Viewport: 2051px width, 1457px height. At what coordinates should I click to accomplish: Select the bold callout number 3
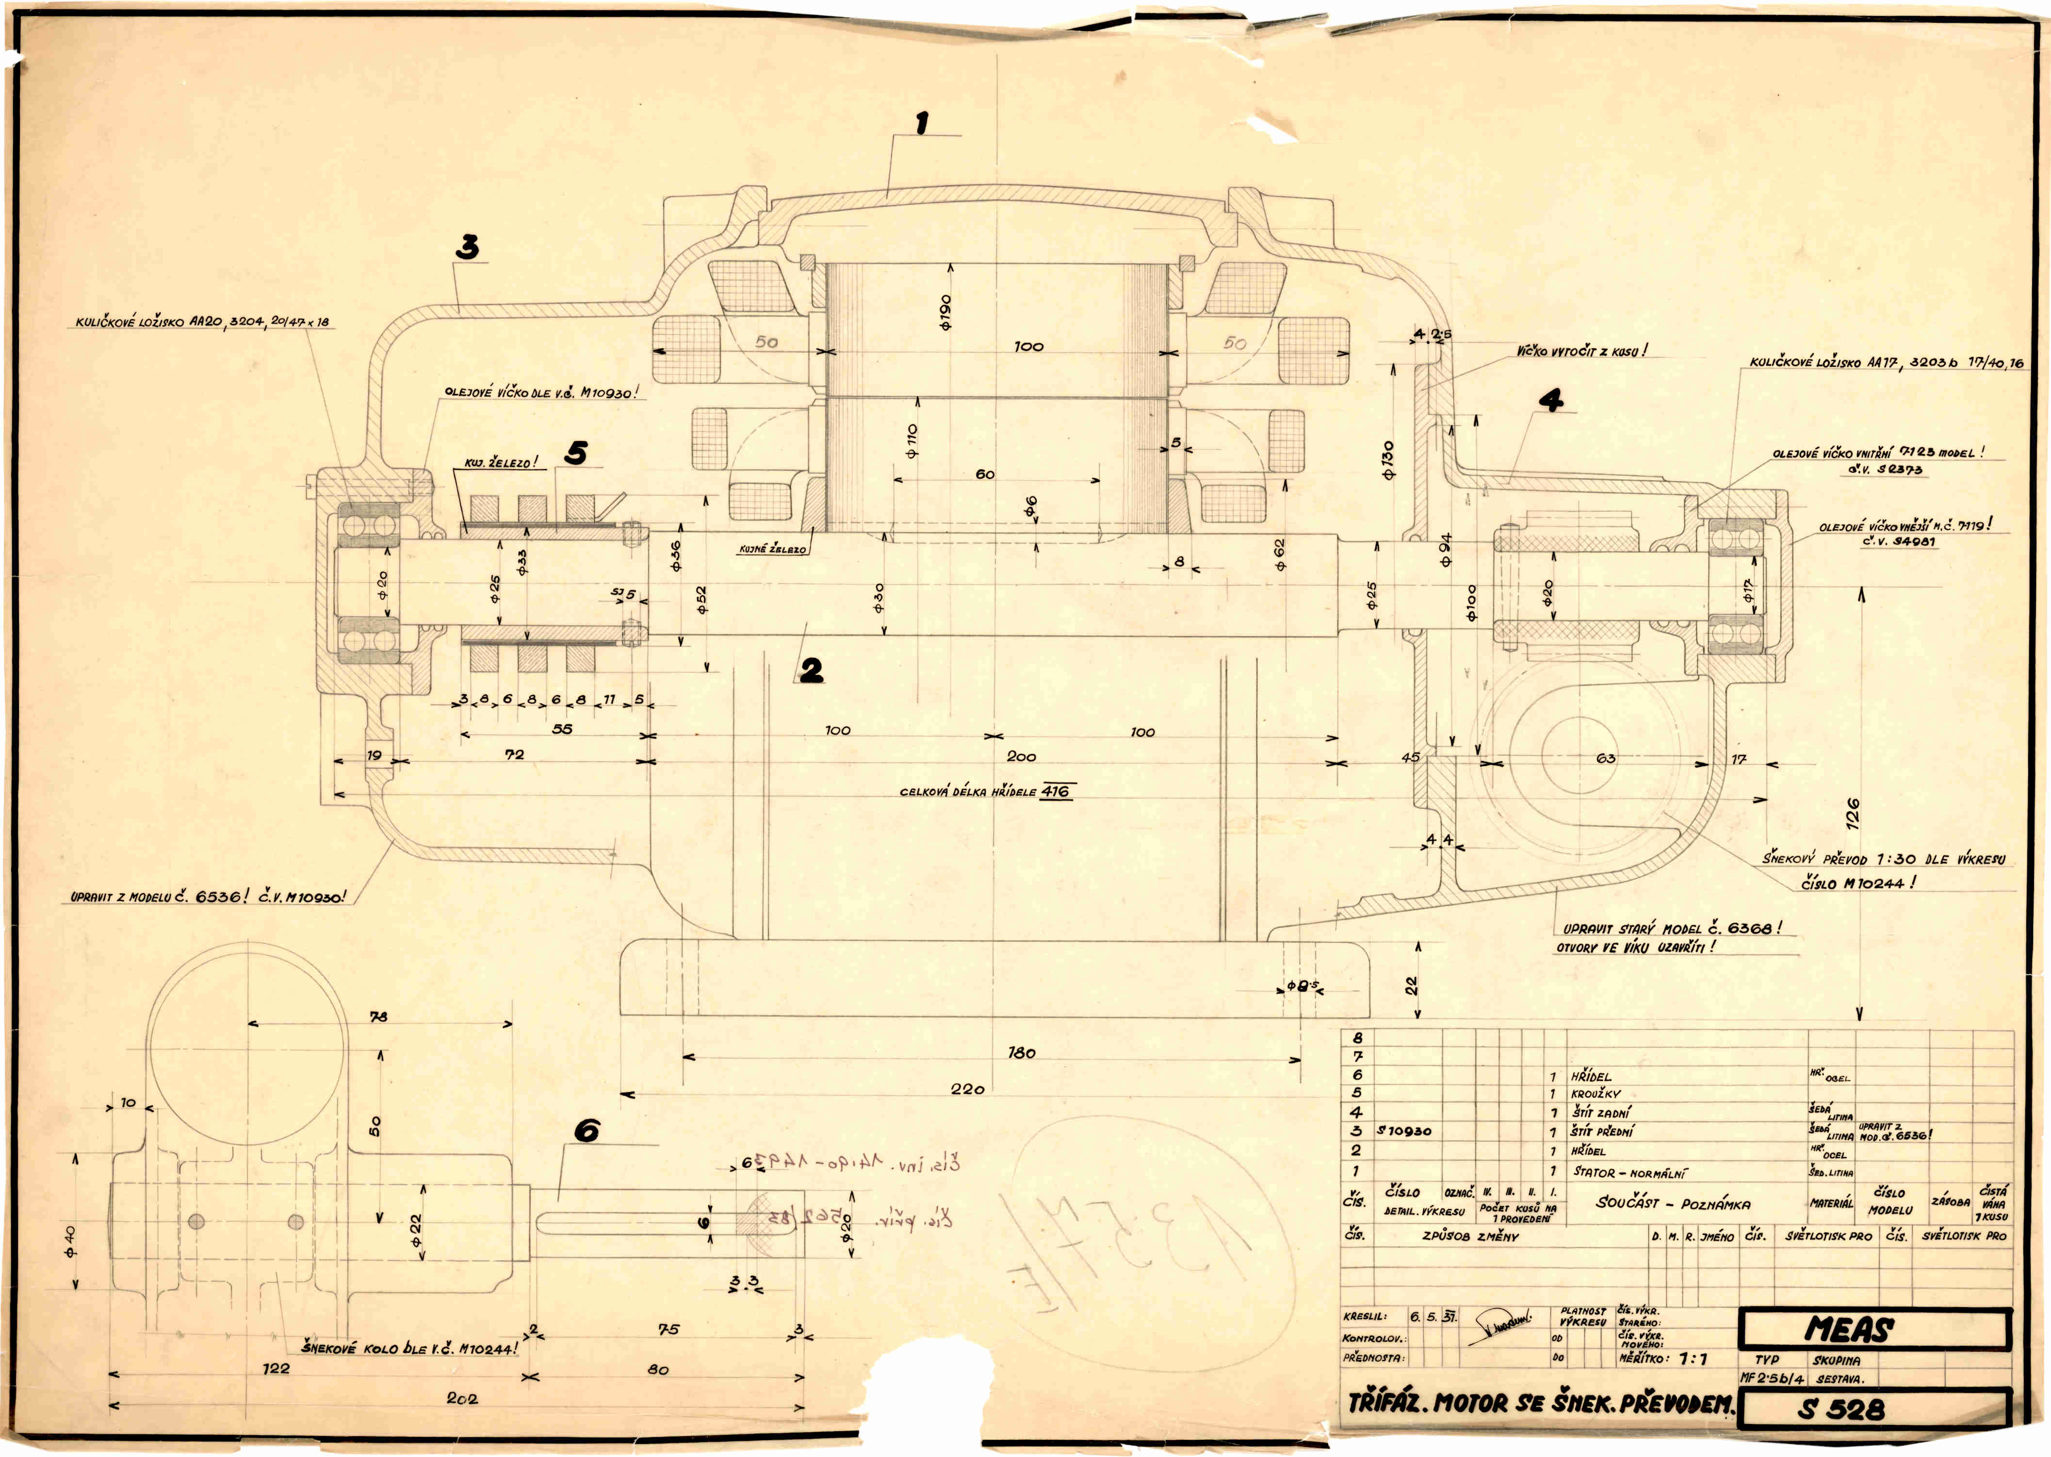pos(467,247)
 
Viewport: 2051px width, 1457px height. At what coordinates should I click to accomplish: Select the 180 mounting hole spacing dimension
pos(1022,1052)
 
